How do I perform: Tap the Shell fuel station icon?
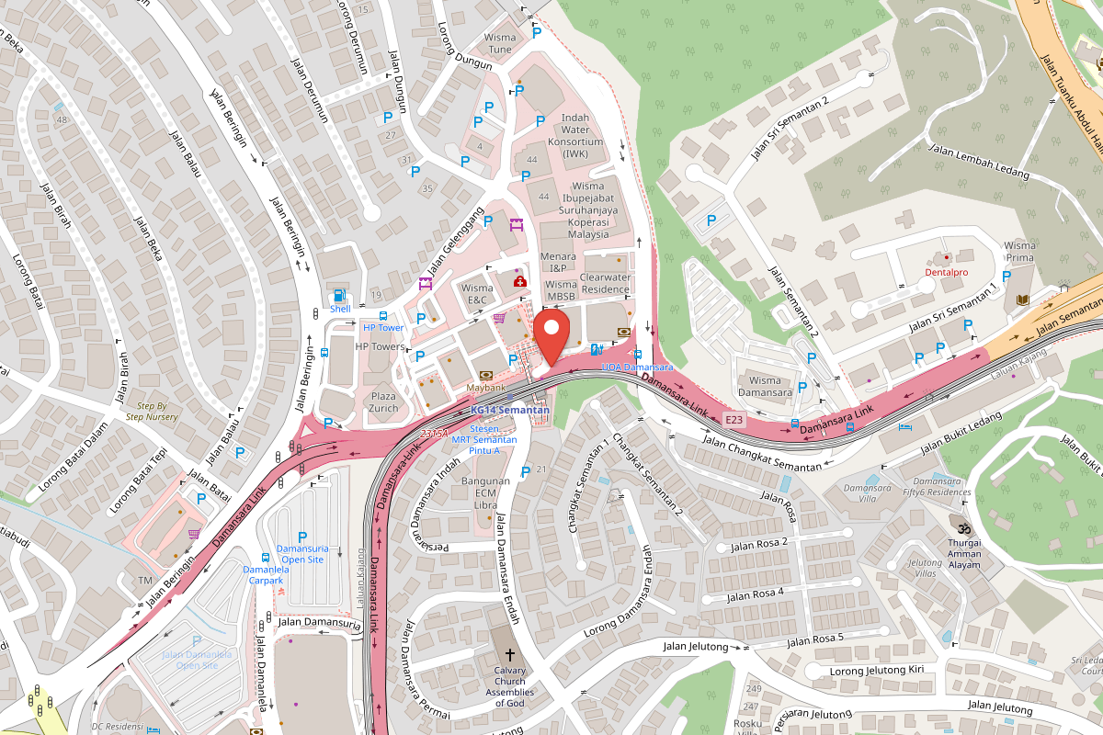point(340,296)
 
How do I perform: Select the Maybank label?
point(486,387)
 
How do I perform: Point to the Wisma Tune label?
point(500,43)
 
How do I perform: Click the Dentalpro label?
point(947,273)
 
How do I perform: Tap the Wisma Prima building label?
point(1019,252)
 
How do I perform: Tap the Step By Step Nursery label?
point(152,411)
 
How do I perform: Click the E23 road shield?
point(733,419)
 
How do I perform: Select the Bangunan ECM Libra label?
point(485,493)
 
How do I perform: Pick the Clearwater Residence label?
point(605,283)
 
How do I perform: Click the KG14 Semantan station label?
point(509,410)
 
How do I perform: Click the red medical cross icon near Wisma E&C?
point(519,281)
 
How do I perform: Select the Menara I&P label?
point(558,262)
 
